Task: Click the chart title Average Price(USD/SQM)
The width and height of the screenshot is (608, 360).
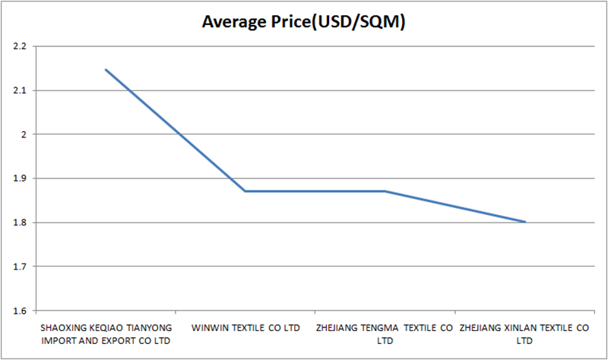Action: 303,22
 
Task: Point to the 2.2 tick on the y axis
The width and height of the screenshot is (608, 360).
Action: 20,46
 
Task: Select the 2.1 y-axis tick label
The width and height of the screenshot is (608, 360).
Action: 20,90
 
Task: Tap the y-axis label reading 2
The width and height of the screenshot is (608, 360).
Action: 24,134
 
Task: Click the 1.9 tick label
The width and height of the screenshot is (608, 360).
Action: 20,178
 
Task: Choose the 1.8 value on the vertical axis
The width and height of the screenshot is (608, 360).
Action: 20,223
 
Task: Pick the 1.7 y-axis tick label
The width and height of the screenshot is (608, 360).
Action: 20,267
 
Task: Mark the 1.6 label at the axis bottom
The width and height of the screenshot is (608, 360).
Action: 20,311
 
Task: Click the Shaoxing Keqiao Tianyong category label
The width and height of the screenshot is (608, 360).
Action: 106,333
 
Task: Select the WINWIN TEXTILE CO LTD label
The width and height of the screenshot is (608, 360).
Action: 245,327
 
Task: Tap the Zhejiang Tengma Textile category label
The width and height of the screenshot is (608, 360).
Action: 385,333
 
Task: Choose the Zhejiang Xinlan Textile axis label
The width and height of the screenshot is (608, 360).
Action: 524,333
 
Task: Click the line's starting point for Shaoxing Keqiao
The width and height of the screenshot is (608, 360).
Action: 106,69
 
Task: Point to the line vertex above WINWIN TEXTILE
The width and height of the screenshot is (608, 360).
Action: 245,191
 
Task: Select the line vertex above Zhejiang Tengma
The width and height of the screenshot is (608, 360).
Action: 385,191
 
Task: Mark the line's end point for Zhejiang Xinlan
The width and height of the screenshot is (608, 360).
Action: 524,222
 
